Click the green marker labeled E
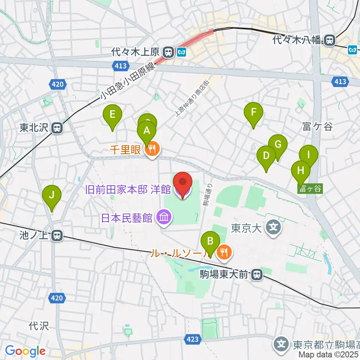(x=112, y=114)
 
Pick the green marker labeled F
(x=254, y=112)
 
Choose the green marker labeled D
(x=266, y=156)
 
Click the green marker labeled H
(x=301, y=171)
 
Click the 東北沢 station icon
(x=57, y=128)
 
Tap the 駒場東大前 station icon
(x=257, y=275)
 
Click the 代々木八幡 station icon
(x=330, y=40)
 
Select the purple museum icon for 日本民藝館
(x=164, y=217)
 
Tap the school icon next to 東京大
(x=274, y=228)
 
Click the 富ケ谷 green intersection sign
(x=310, y=189)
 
